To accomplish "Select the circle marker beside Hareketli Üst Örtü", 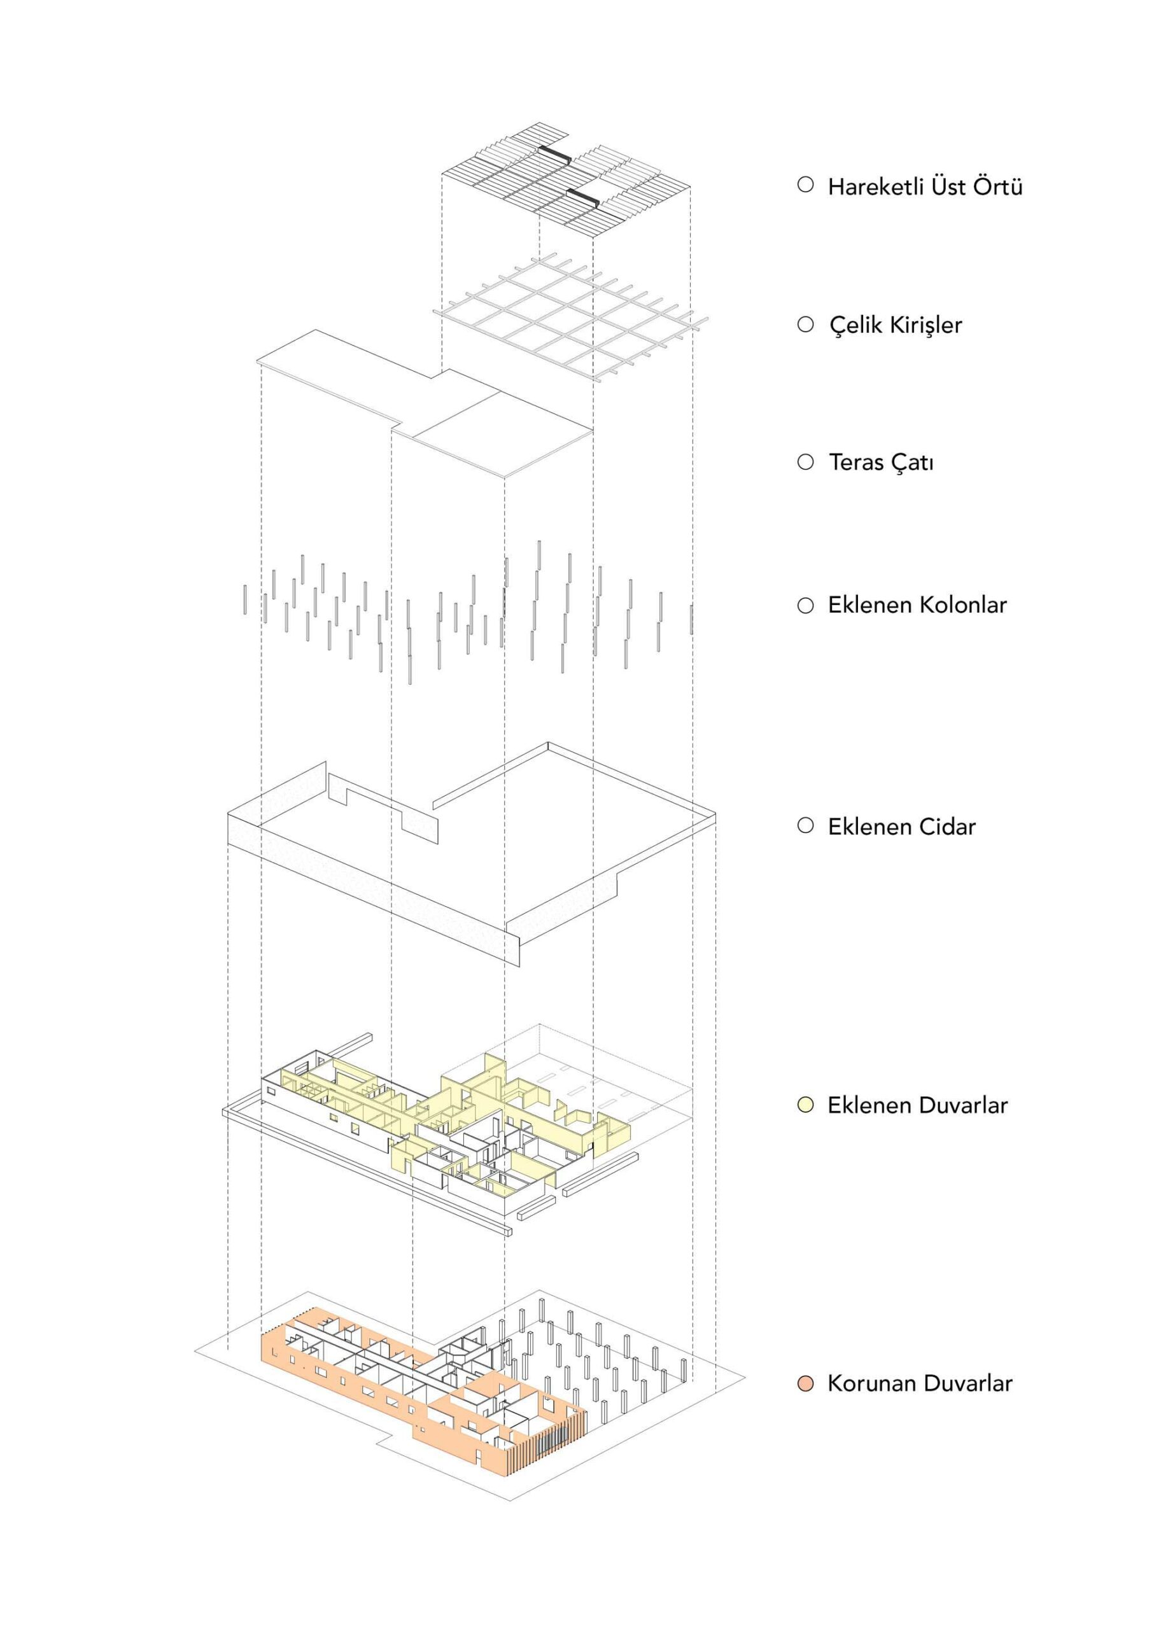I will click(805, 185).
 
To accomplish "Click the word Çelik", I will click(855, 325).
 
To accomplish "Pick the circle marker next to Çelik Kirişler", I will click(805, 325).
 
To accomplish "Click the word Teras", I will click(855, 463).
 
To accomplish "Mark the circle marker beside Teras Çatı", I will click(805, 463).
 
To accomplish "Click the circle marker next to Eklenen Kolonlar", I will click(805, 605).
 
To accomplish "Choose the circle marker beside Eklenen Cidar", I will click(805, 825).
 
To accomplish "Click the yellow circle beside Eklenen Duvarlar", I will click(805, 1105).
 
